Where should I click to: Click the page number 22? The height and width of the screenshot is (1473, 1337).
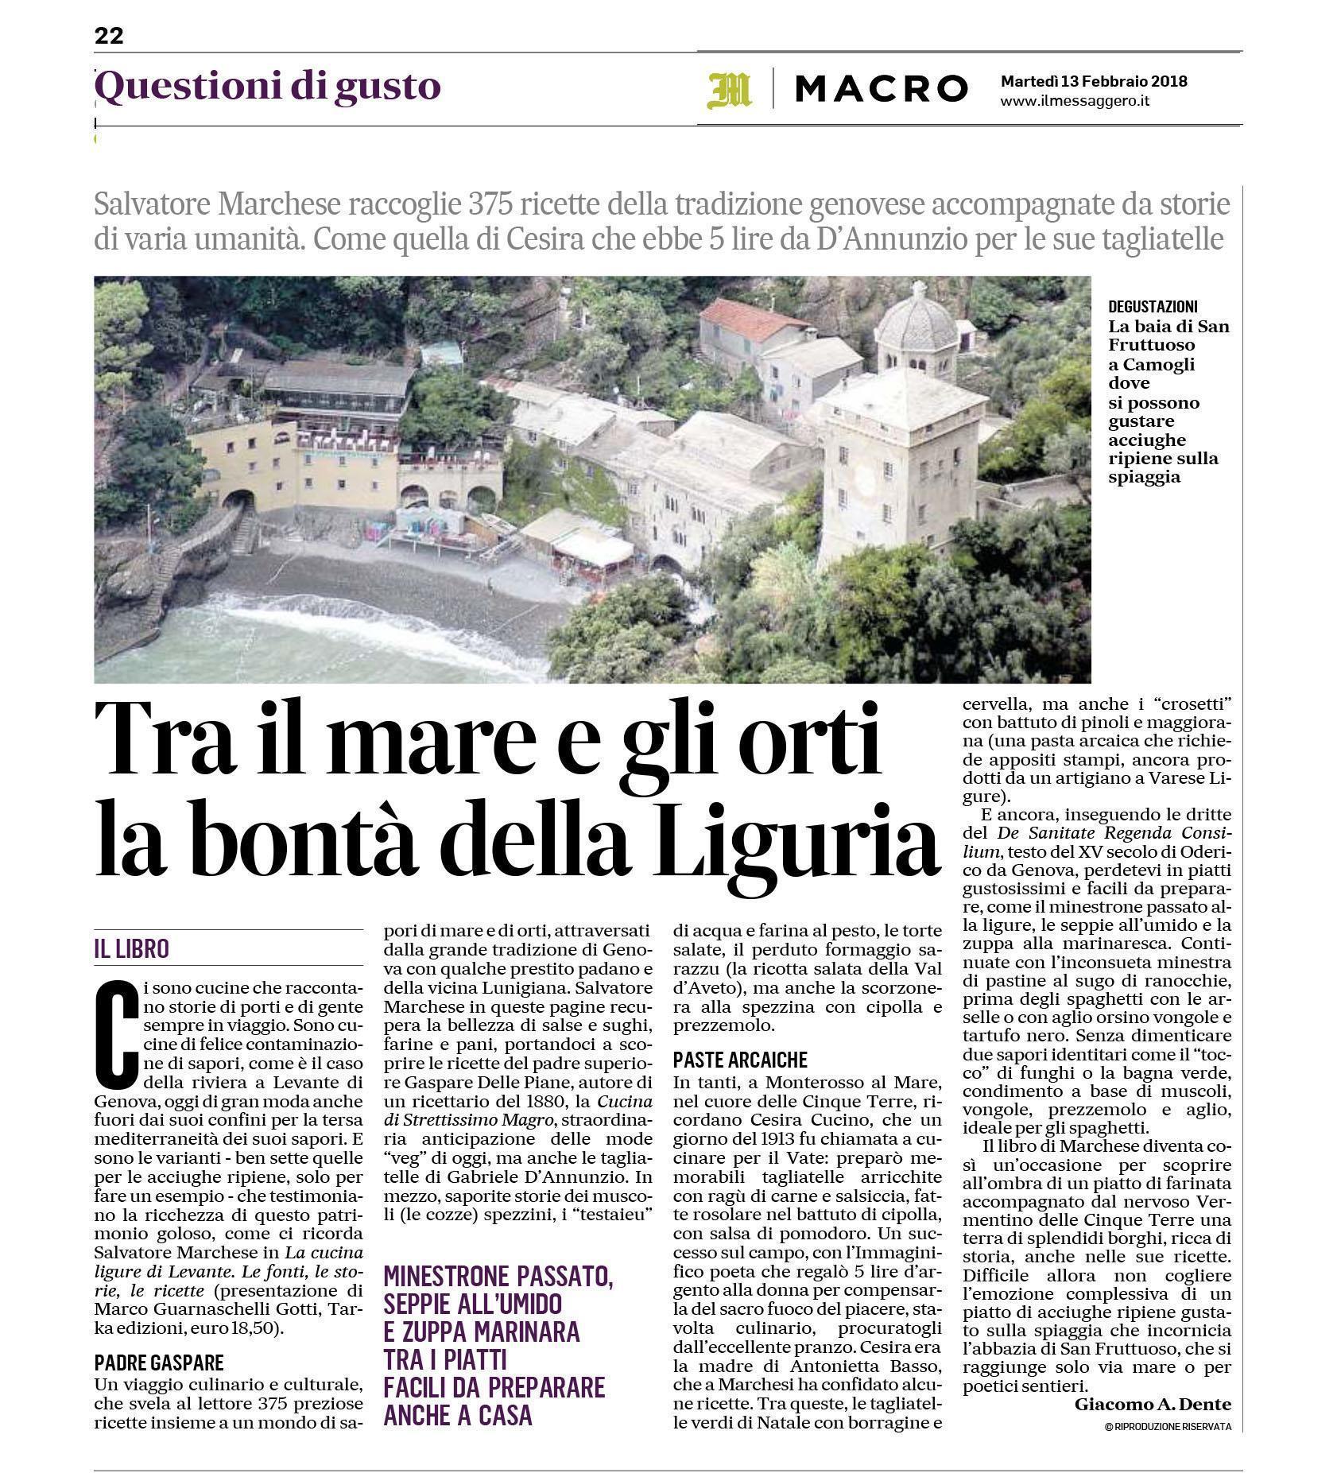point(109,36)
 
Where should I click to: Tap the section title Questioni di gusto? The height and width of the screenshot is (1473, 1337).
point(268,87)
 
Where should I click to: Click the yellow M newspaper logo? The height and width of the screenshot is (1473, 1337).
point(729,89)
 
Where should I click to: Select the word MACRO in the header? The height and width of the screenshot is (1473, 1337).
point(882,89)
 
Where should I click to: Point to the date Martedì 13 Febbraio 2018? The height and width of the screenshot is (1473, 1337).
point(1094,81)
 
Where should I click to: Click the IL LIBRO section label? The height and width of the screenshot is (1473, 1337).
point(132,948)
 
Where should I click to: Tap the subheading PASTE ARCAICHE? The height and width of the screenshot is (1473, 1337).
point(740,1060)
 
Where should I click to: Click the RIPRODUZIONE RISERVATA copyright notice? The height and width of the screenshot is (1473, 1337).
point(1168,1427)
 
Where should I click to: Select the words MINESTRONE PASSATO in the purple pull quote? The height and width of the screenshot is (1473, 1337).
point(498,1277)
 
